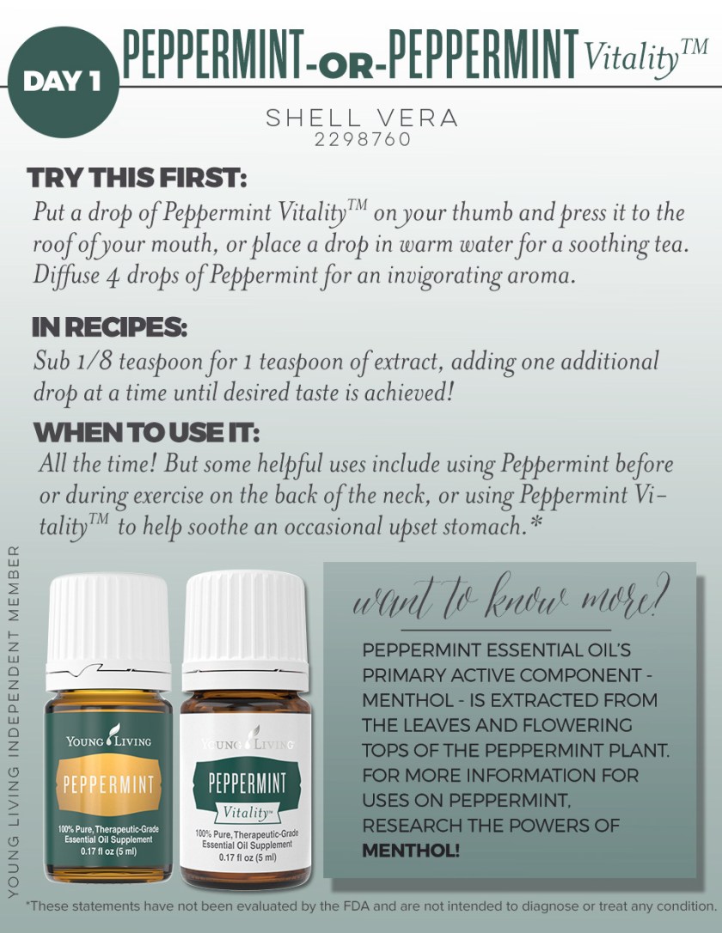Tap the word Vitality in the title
coord(630,58)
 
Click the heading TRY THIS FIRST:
coord(137,179)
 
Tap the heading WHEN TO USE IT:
coord(146,431)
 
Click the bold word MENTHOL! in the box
coord(411,851)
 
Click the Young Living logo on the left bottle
coord(108,738)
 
